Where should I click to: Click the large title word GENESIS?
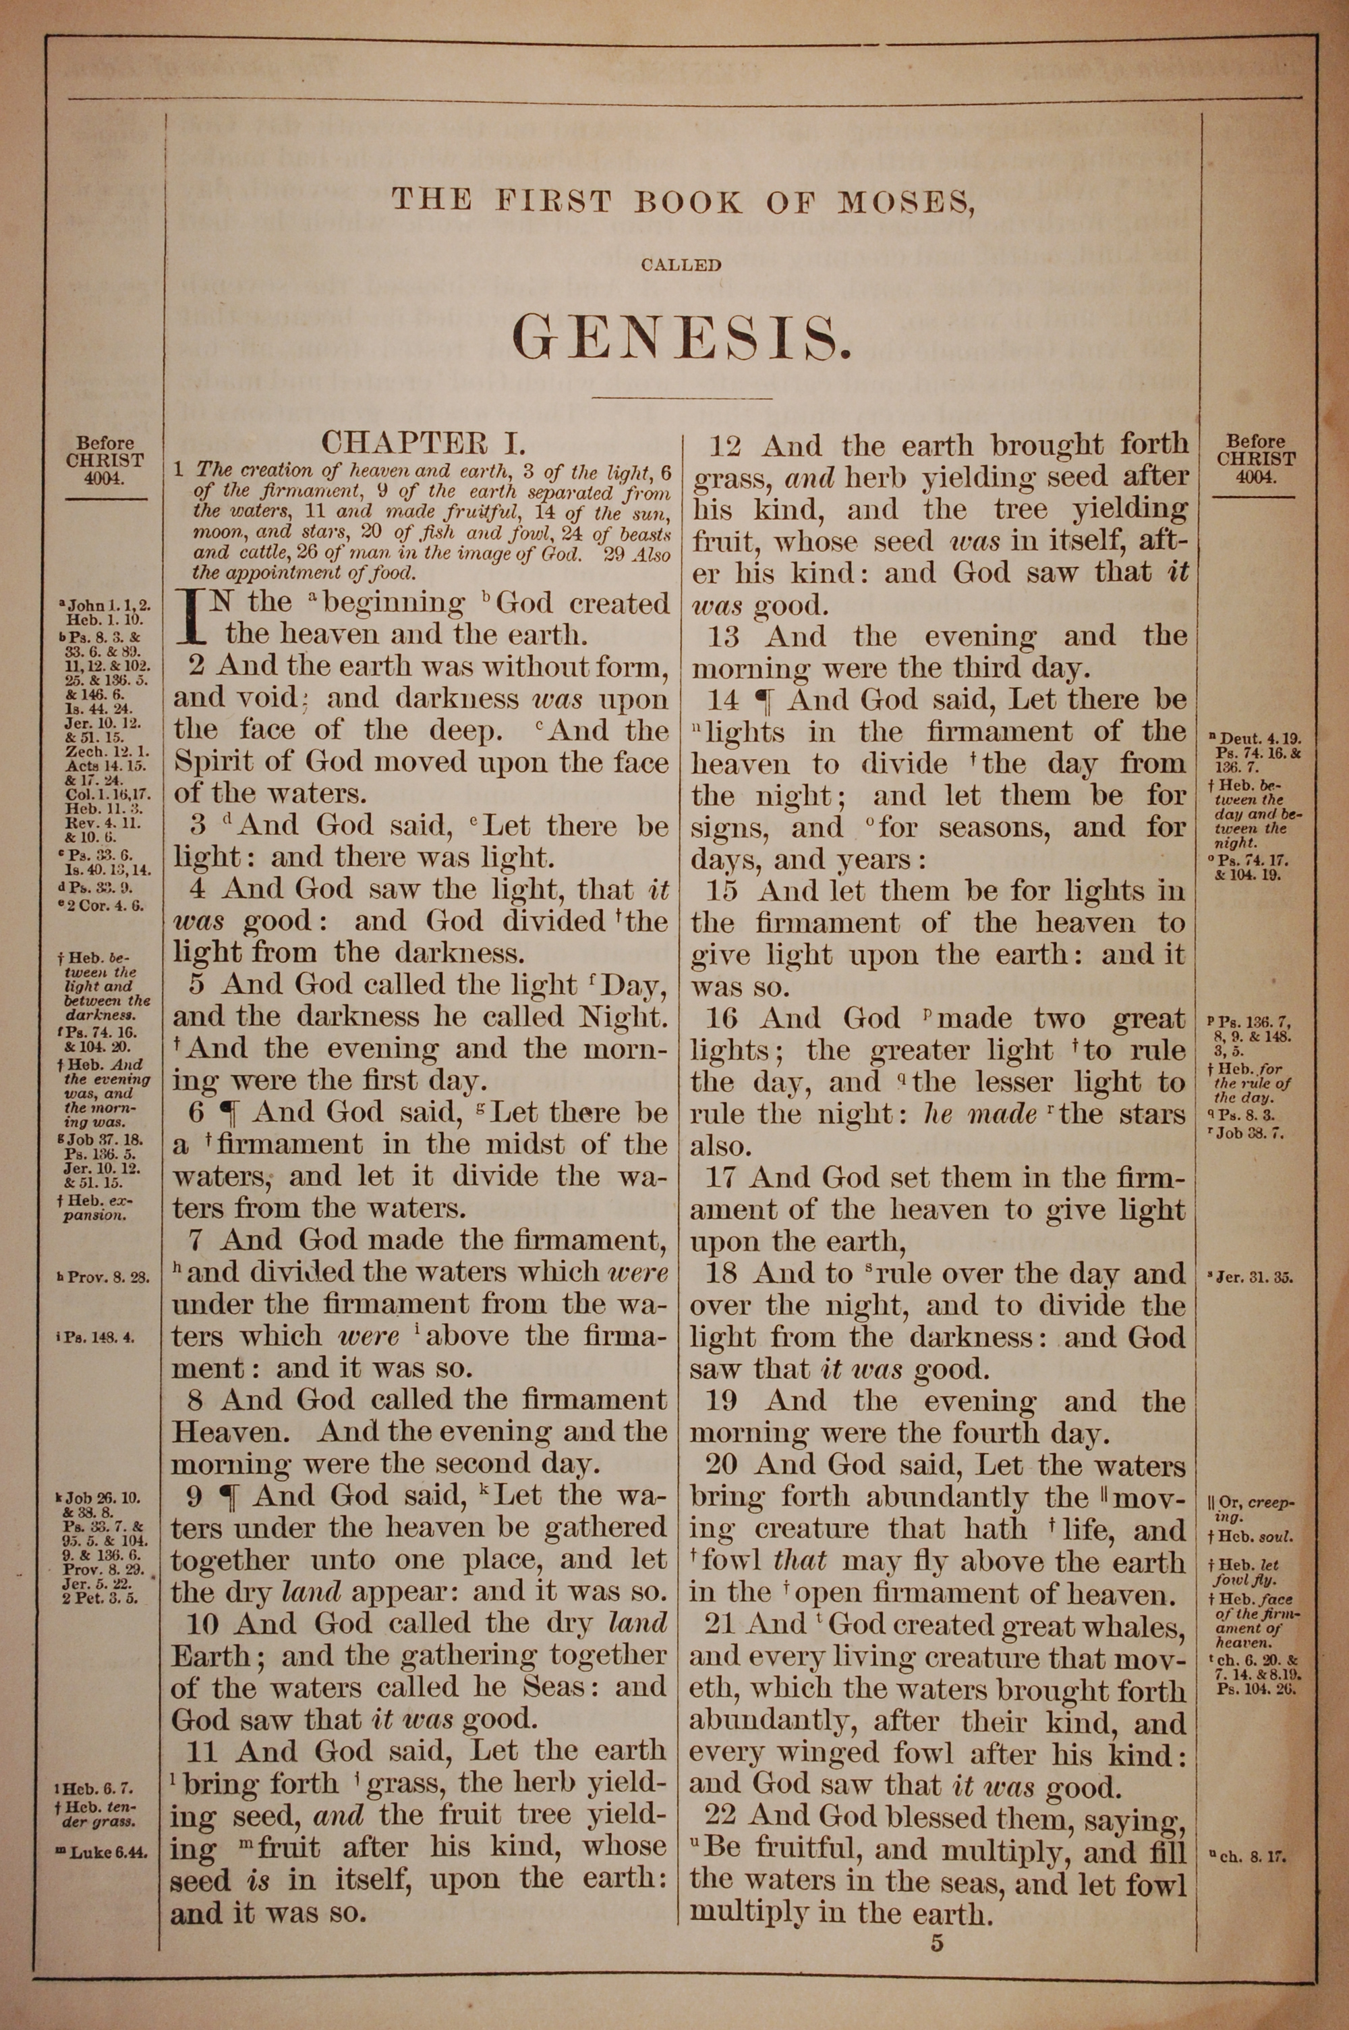pyautogui.click(x=681, y=337)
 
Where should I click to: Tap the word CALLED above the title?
pyautogui.click(x=681, y=266)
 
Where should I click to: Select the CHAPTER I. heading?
pyautogui.click(x=422, y=443)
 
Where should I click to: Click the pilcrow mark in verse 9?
pyautogui.click(x=229, y=1496)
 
